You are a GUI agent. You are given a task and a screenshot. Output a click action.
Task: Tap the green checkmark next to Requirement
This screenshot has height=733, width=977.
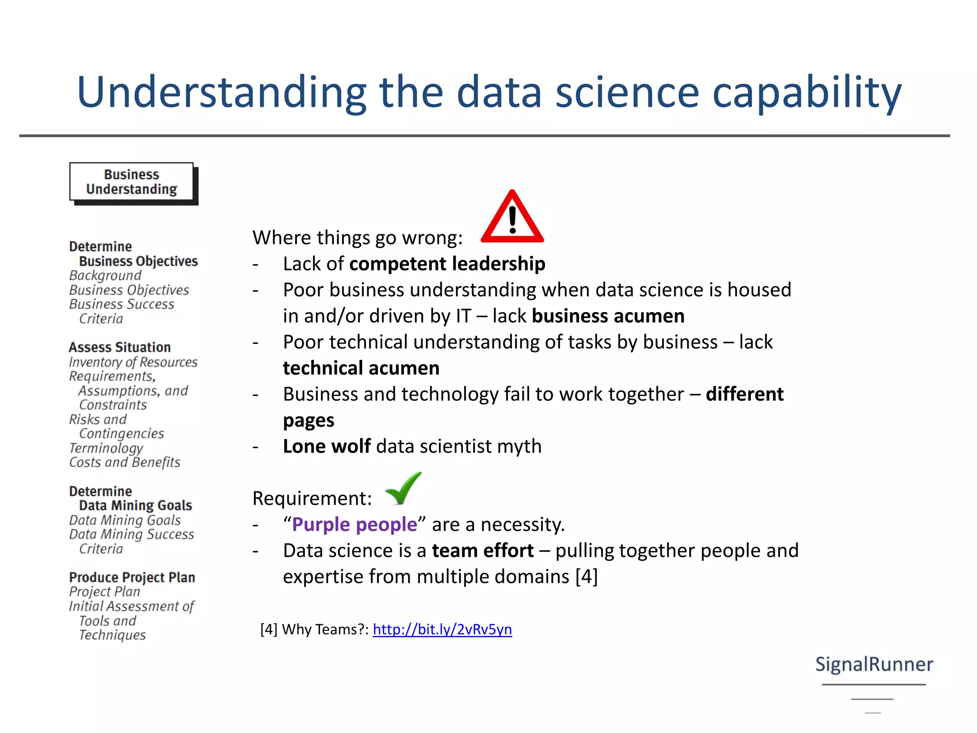pyautogui.click(x=404, y=489)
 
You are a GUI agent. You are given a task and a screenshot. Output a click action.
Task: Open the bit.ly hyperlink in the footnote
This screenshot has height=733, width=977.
pyautogui.click(x=442, y=629)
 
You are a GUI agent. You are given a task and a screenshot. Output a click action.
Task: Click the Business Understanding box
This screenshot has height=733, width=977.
pyautogui.click(x=132, y=182)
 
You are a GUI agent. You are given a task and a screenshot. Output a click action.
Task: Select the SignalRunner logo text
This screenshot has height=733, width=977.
pyautogui.click(x=874, y=664)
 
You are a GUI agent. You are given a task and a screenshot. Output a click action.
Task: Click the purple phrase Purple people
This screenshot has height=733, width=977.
pyautogui.click(x=354, y=524)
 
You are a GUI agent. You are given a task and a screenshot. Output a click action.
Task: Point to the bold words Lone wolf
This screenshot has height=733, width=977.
pyautogui.click(x=327, y=446)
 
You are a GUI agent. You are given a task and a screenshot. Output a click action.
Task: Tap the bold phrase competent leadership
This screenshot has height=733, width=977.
pyautogui.click(x=447, y=264)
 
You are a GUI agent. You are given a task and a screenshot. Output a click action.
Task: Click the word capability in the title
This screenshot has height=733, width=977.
pyautogui.click(x=807, y=93)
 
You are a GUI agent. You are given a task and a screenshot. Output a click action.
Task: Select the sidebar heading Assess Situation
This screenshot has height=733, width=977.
pyautogui.click(x=120, y=347)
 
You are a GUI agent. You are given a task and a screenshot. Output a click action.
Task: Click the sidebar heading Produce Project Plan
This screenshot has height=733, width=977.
pyautogui.click(x=132, y=577)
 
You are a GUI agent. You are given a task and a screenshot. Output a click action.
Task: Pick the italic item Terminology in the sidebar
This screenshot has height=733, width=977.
pyautogui.click(x=106, y=448)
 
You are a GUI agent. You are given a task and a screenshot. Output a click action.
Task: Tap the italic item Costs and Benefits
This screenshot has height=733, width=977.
pyautogui.click(x=125, y=462)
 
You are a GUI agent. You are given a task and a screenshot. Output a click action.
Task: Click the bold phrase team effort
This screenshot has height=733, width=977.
pyautogui.click(x=483, y=551)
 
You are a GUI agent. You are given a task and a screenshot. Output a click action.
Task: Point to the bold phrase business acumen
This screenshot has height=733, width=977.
pyautogui.click(x=608, y=316)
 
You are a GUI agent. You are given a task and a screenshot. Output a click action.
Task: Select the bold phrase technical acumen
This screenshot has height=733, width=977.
pyautogui.click(x=361, y=368)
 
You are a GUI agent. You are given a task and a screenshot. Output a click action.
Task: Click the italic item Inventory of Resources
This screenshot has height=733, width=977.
pyautogui.click(x=133, y=362)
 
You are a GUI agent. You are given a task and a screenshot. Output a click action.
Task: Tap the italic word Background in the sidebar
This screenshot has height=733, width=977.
pyautogui.click(x=105, y=275)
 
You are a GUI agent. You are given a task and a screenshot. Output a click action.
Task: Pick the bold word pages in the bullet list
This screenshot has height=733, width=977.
pyautogui.click(x=309, y=420)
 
